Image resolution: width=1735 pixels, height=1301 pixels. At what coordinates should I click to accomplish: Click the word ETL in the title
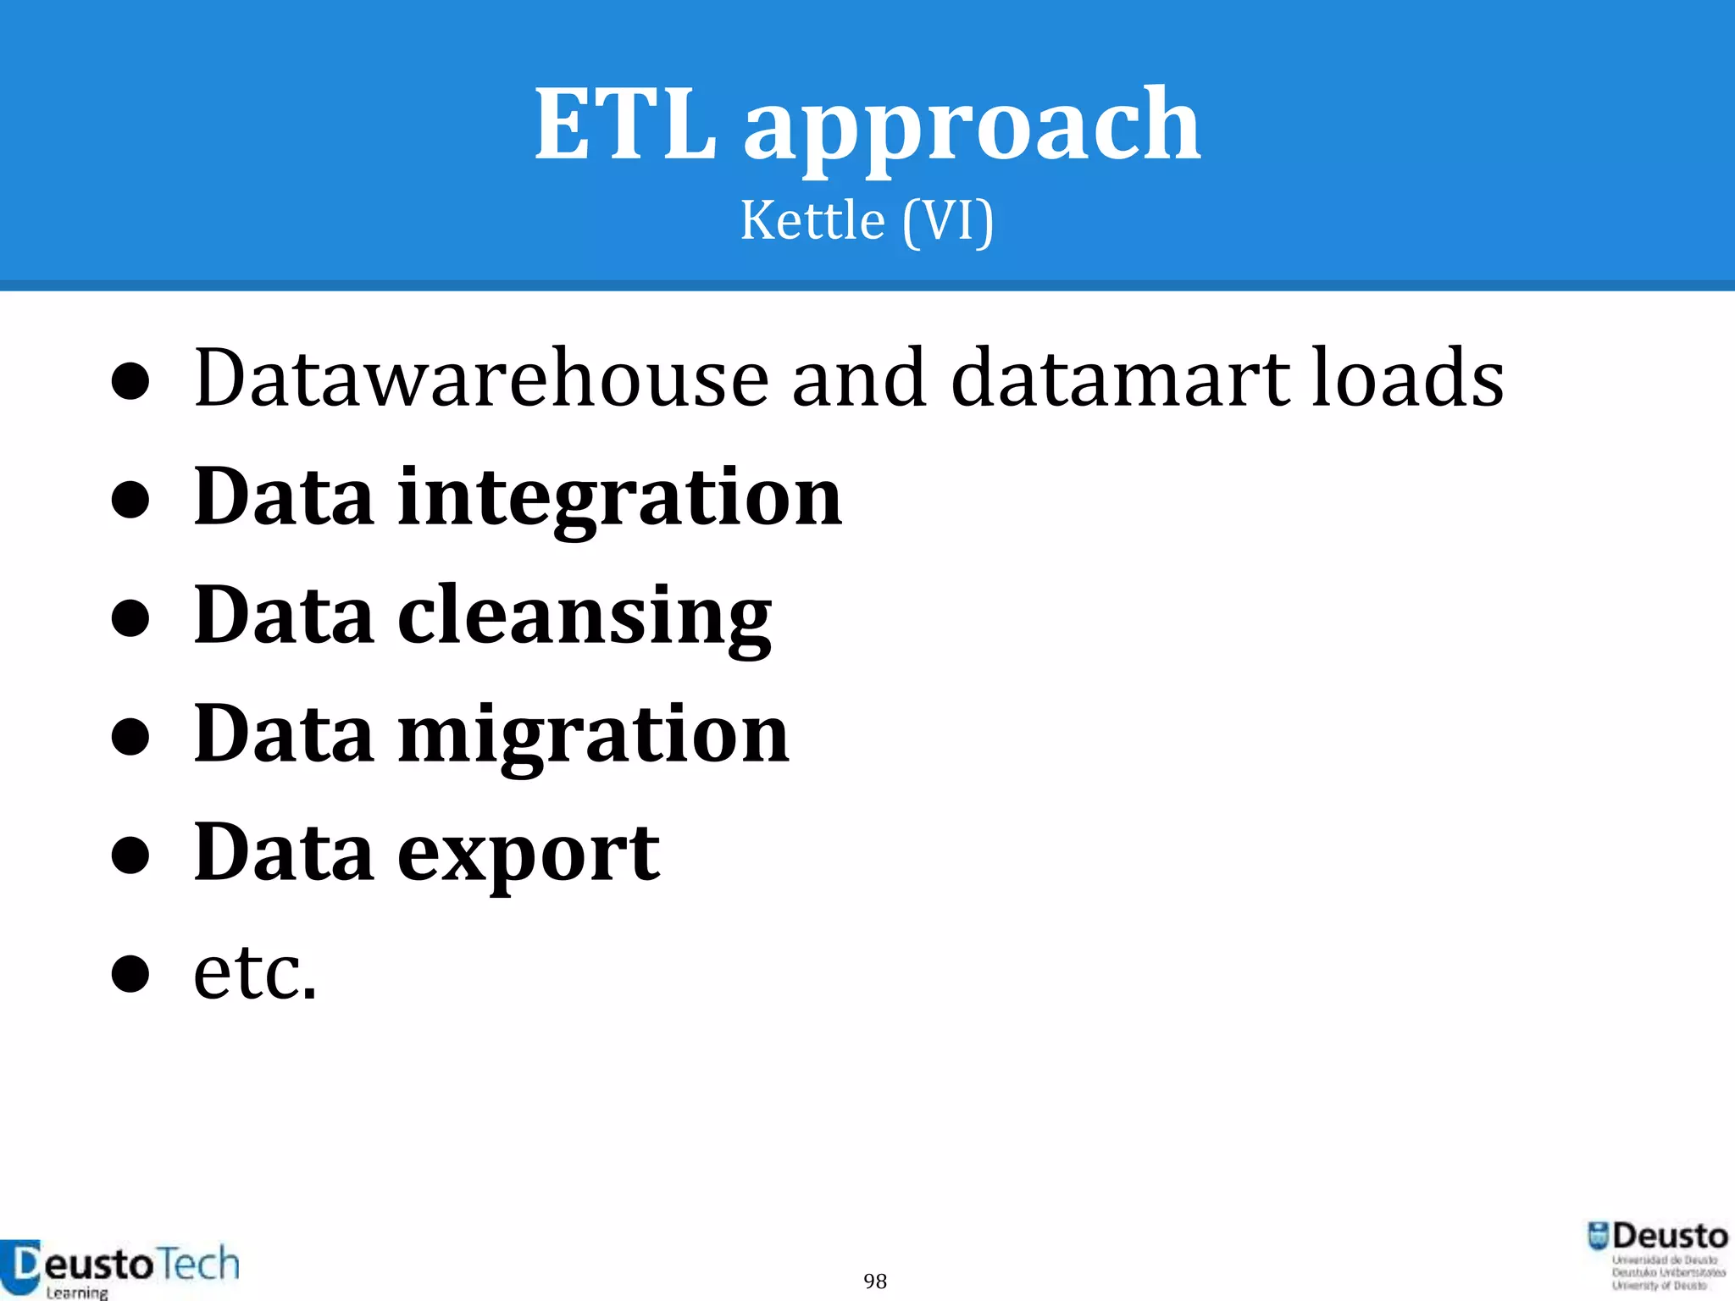[625, 125]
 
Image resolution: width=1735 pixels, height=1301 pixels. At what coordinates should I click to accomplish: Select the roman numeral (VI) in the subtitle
[948, 222]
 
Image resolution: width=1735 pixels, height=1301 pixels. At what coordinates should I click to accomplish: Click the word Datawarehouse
[481, 378]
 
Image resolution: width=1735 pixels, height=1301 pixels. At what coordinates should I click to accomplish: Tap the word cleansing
[585, 617]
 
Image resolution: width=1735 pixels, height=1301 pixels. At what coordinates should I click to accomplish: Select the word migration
[593, 736]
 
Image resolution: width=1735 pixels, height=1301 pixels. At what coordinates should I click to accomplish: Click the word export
[529, 855]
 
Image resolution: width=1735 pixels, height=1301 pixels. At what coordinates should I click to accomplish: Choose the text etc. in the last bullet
[255, 972]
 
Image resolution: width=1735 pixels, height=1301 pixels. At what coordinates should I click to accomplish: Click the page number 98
[875, 1281]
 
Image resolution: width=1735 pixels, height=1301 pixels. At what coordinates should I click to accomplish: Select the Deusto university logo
[1657, 1254]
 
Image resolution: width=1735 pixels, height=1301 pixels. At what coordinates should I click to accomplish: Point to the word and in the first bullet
[858, 378]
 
